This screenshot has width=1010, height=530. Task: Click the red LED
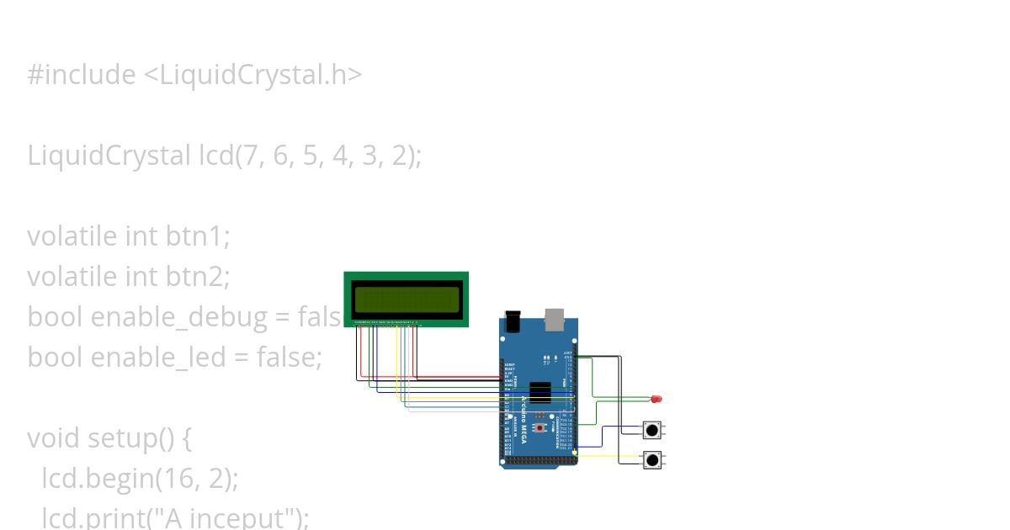(x=656, y=398)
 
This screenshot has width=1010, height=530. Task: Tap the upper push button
(x=651, y=430)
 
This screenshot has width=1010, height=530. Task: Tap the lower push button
(x=651, y=460)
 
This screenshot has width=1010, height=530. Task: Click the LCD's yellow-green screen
(x=407, y=299)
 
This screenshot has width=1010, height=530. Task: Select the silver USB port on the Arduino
(x=555, y=319)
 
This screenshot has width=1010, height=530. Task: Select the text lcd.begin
(x=93, y=479)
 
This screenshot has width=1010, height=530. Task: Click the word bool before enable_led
(x=55, y=358)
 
